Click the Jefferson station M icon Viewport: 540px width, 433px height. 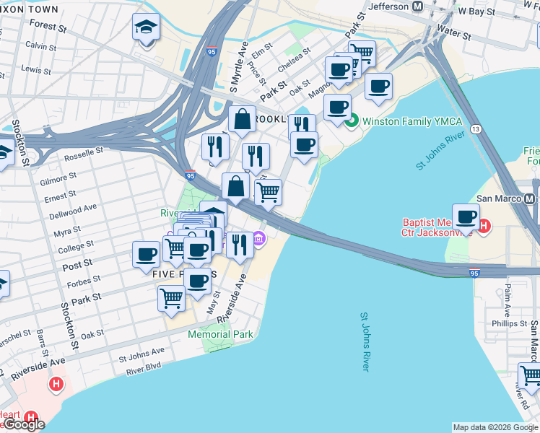pyautogui.click(x=417, y=6)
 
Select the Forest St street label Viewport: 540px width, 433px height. pyautogui.click(x=49, y=27)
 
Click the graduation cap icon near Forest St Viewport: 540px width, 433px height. pyautogui.click(x=147, y=28)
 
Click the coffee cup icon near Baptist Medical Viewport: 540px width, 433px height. pyautogui.click(x=467, y=216)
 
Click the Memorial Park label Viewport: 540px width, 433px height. pyautogui.click(x=220, y=334)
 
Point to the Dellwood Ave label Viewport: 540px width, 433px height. pyautogui.click(x=73, y=211)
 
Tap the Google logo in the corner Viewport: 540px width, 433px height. pyautogui.click(x=25, y=424)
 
